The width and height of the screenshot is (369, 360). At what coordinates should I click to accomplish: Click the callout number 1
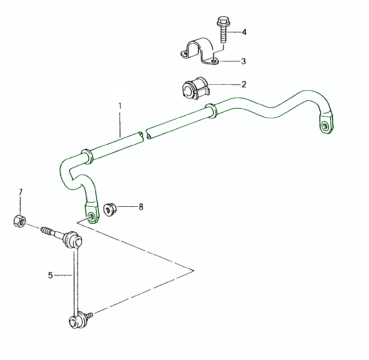coord(120,105)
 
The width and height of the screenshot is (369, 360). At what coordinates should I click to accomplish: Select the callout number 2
coord(244,85)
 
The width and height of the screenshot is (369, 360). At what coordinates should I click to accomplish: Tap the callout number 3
coord(243,61)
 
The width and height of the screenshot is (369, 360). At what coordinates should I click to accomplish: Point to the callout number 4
coord(244,32)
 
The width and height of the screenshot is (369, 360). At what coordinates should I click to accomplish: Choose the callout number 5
coord(51,275)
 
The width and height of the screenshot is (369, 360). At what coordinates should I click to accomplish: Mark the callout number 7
coord(20,192)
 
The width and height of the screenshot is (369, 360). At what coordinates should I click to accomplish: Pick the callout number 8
coord(141,207)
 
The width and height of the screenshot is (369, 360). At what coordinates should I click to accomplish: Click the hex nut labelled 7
coord(19,220)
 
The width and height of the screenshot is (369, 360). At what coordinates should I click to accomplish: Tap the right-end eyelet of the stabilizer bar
coord(325,125)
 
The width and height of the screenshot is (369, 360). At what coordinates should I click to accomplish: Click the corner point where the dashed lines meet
coord(194,270)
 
